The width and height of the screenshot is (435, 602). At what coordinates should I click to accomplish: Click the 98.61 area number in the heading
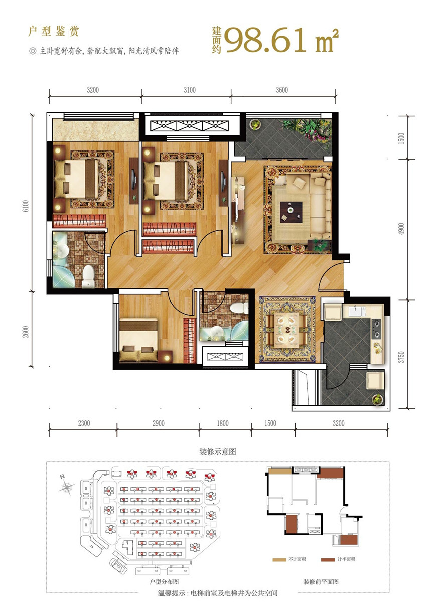(x=265, y=41)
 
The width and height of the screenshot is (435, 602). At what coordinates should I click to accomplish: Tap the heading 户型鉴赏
(x=54, y=31)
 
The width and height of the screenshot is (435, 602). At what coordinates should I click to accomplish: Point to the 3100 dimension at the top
(x=189, y=90)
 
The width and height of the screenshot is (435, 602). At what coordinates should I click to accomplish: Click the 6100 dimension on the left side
(x=25, y=206)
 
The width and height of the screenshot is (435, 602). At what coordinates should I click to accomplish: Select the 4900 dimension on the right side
(x=401, y=229)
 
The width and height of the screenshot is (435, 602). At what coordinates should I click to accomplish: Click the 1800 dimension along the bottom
(x=223, y=423)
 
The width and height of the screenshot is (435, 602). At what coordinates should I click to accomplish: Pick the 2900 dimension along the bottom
(x=159, y=423)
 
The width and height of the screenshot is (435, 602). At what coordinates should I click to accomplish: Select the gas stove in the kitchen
(x=376, y=329)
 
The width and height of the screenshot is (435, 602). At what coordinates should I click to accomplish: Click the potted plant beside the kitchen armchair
(x=377, y=399)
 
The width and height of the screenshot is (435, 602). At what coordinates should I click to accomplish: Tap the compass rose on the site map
(x=66, y=486)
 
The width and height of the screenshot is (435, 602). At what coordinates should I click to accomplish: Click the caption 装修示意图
(x=218, y=451)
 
